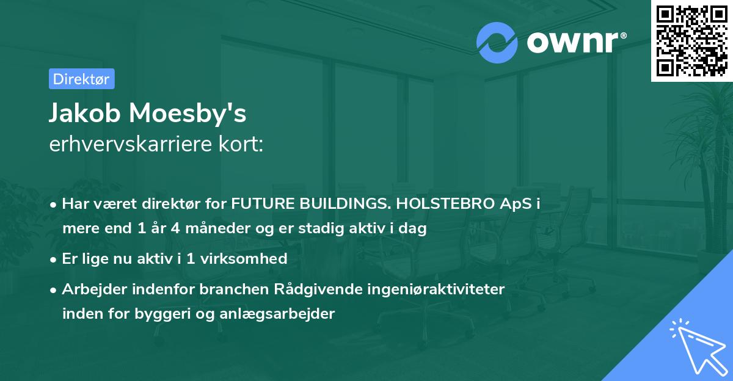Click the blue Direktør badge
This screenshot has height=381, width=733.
point(81,79)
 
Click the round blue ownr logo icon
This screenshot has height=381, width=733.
point(497,43)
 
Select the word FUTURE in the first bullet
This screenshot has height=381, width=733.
point(260,205)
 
